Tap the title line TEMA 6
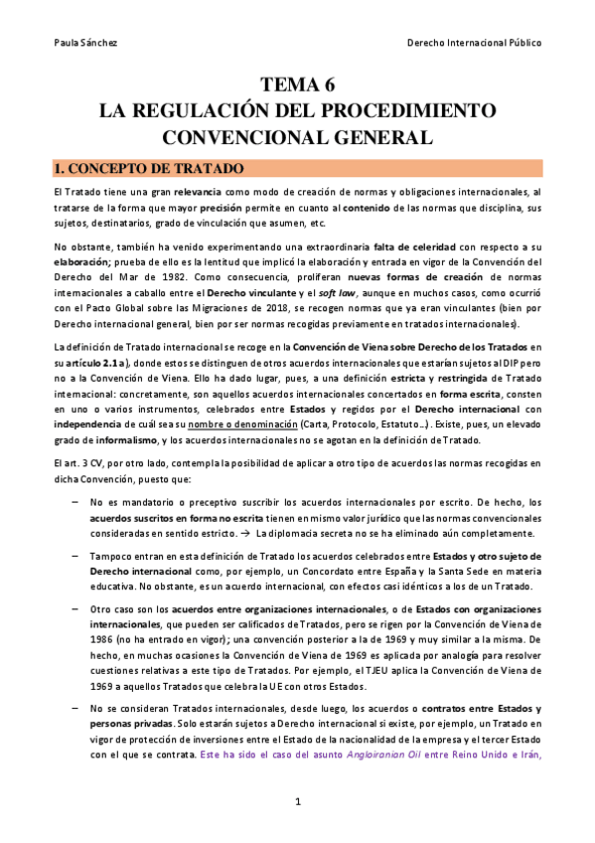click(297, 84)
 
